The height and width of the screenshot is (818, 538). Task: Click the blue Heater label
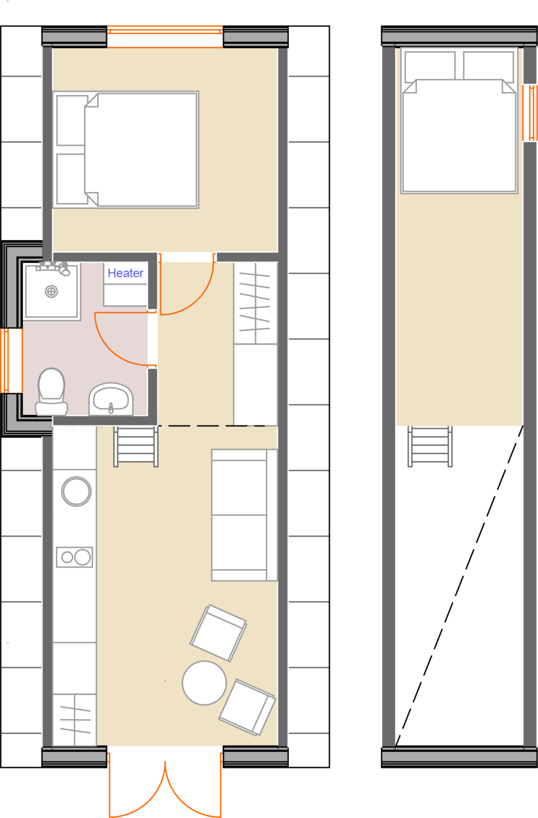coord(125,273)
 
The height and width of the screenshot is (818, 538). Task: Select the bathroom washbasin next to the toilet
coord(111,399)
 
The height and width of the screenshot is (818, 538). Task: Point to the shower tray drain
coord(51,291)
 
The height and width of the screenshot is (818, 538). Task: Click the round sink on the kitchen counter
coord(76,491)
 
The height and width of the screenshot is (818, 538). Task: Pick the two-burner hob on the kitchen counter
coord(75,557)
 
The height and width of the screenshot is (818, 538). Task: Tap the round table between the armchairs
coord(204,683)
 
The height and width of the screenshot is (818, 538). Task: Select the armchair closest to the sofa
coord(218,633)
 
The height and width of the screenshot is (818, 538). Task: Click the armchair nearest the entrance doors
coord(247,707)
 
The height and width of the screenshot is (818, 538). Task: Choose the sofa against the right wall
coord(244,515)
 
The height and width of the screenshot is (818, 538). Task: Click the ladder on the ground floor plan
coord(136,446)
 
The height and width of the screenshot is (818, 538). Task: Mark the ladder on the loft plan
coord(430,446)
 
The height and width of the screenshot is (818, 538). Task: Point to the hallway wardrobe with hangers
coord(255,304)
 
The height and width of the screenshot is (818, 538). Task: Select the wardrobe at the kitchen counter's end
coord(75,719)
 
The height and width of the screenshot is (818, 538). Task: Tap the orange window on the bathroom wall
coord(5,361)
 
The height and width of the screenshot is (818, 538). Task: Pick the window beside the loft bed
coord(530,112)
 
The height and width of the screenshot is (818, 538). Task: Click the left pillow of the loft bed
coord(430,66)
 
